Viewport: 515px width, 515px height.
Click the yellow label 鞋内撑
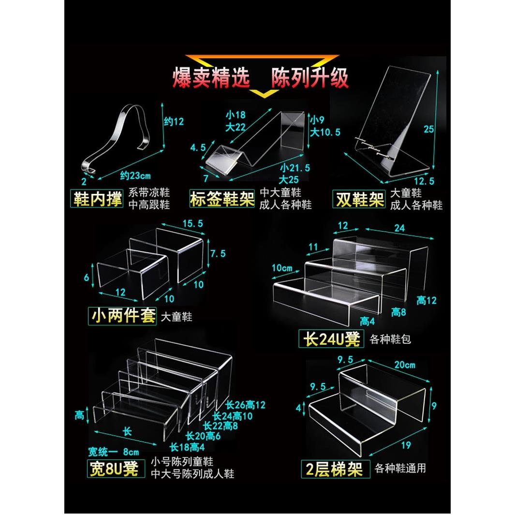pyautogui.click(x=98, y=199)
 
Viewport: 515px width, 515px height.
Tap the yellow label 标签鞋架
pyautogui.click(x=222, y=199)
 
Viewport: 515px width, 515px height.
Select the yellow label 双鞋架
pyautogui.click(x=359, y=199)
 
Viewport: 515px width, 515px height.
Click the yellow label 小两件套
pyautogui.click(x=123, y=316)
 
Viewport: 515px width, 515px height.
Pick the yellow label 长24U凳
pyautogui.click(x=332, y=338)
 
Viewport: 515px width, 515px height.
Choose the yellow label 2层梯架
pyautogui.click(x=335, y=469)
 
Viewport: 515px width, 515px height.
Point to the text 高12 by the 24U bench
pyautogui.click(x=427, y=300)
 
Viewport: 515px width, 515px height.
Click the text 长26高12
pyautogui.click(x=246, y=405)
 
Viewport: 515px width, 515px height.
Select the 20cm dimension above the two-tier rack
pyautogui.click(x=404, y=365)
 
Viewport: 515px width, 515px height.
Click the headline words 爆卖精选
pyautogui.click(x=211, y=78)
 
